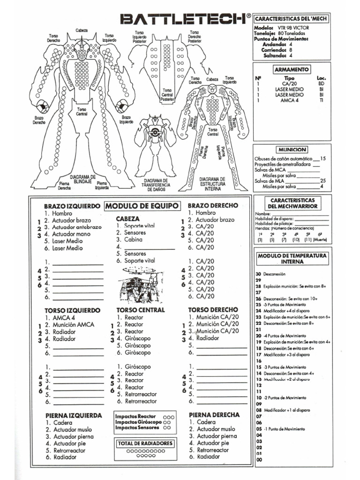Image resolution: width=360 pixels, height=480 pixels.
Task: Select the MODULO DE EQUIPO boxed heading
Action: [142, 206]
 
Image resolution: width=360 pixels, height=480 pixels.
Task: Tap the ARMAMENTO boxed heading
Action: [292, 69]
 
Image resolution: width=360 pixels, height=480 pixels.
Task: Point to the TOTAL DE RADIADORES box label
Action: [145, 443]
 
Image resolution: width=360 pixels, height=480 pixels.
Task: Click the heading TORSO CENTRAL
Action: [140, 310]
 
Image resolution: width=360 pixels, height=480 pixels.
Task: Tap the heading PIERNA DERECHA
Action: [214, 415]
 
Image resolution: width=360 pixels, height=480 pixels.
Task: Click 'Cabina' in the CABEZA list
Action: [134, 240]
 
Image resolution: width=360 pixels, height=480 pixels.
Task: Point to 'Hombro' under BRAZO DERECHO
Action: [206, 213]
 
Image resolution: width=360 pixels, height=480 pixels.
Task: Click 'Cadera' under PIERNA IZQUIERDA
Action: [63, 422]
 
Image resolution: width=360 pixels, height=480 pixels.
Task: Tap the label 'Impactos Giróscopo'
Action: [138, 422]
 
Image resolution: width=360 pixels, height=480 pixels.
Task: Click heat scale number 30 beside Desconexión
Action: [258, 274]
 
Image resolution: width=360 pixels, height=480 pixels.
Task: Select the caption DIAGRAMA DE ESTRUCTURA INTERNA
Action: [212, 184]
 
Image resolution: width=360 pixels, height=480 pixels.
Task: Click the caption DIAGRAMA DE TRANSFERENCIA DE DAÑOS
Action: [155, 185]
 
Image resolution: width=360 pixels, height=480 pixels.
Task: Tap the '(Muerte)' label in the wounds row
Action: [321, 240]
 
